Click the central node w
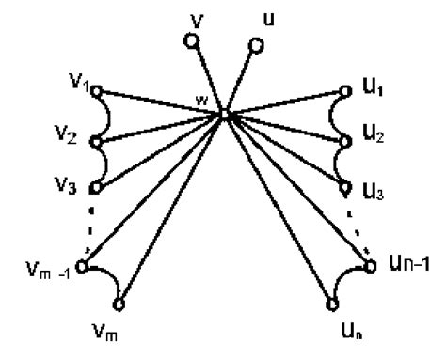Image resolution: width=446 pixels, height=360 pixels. pyautogui.click(x=225, y=115)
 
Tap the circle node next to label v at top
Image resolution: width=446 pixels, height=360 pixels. pyautogui.click(x=191, y=40)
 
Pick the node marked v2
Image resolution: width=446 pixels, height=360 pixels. pyautogui.click(x=96, y=143)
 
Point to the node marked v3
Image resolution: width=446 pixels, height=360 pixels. pyautogui.click(x=95, y=186)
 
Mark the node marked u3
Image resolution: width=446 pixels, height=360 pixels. pyautogui.click(x=347, y=186)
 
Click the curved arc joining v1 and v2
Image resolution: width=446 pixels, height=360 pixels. pyautogui.click(x=111, y=117)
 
